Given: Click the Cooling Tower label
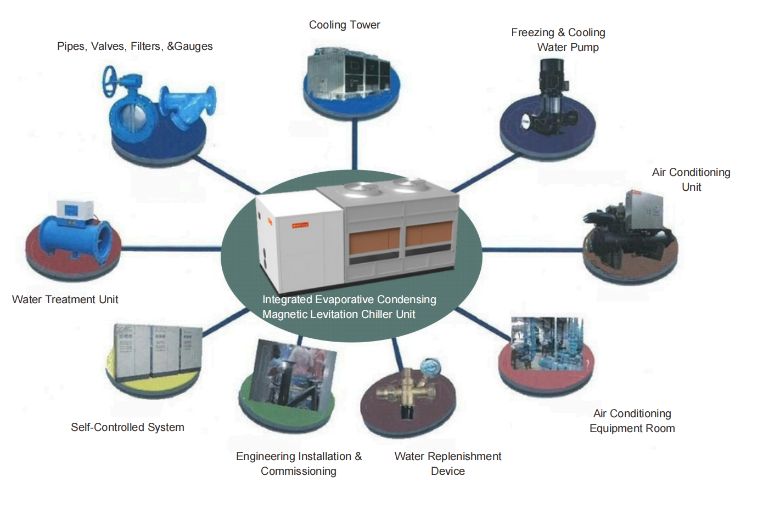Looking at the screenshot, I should (x=344, y=25).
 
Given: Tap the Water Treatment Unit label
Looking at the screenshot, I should (x=65, y=299).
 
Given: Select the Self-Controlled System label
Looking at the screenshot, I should (x=127, y=427).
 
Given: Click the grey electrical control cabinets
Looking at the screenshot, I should (x=157, y=350).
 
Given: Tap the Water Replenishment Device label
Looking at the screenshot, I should (x=447, y=463).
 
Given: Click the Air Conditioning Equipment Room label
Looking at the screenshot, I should (x=632, y=421).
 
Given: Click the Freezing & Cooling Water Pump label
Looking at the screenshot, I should (x=558, y=39).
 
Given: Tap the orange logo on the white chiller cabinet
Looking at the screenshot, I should (x=300, y=225).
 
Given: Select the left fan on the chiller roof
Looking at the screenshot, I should (x=362, y=190).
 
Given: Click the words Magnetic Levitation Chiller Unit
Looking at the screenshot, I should (x=339, y=314).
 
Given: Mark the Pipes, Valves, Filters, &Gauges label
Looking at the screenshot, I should (x=134, y=46).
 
